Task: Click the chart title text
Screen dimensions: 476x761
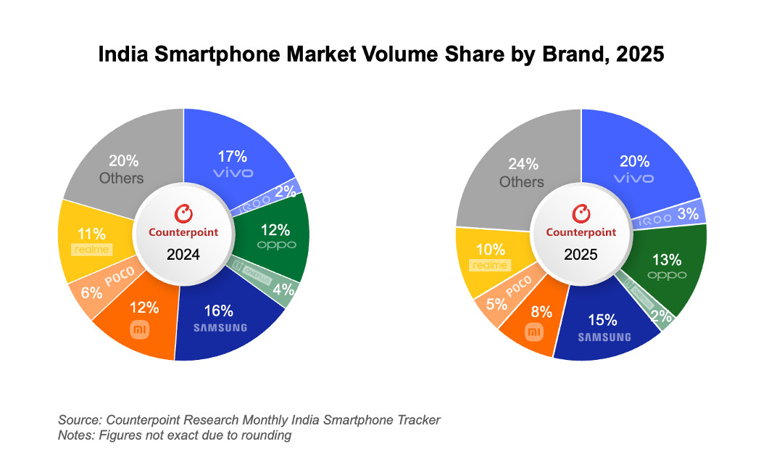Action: pyautogui.click(x=380, y=55)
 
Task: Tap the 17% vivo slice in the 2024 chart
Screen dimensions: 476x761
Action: pyautogui.click(x=233, y=163)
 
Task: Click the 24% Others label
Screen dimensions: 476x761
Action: pyautogui.click(x=520, y=173)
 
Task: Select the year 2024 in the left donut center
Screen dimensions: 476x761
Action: pyautogui.click(x=183, y=255)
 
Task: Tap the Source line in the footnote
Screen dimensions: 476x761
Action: pyautogui.click(x=249, y=420)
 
